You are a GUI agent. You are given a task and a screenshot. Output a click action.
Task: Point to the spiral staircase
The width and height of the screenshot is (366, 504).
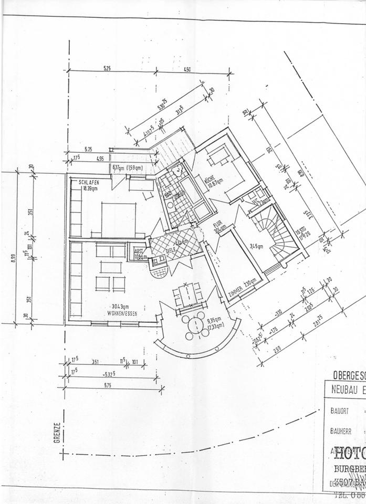(275, 231)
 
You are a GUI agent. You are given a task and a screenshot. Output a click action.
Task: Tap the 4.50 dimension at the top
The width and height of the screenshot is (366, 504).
(187, 69)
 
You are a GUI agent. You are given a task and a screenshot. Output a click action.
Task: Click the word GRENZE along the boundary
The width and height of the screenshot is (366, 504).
(58, 433)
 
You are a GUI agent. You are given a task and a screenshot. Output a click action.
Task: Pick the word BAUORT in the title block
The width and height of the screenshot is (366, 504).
(340, 410)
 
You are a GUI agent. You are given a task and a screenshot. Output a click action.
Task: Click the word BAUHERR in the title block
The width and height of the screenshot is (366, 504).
(341, 431)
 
